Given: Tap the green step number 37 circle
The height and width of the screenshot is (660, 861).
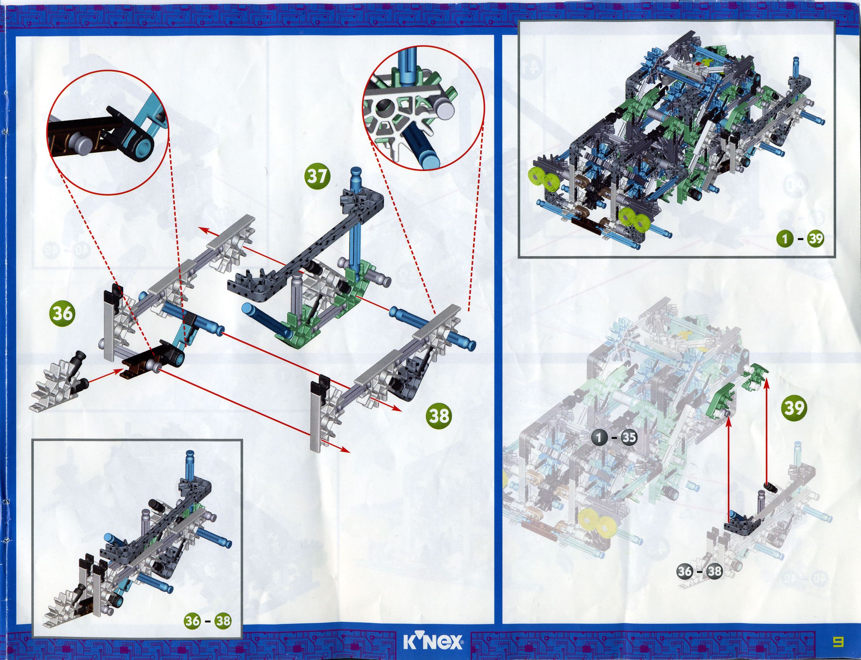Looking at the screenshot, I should coord(317,177).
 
